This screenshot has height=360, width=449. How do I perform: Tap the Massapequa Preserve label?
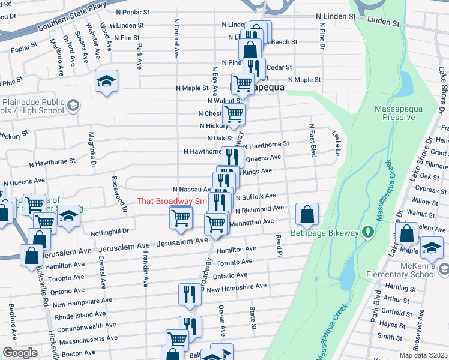point(394,113)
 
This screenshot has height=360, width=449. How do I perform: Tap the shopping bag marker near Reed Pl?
point(307,214)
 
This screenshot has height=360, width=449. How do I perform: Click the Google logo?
point(20,353)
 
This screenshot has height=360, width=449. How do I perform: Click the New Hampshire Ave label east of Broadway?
point(237,288)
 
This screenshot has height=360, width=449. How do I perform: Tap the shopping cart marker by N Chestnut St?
point(234,113)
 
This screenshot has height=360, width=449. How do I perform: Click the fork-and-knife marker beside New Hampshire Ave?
point(190,294)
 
